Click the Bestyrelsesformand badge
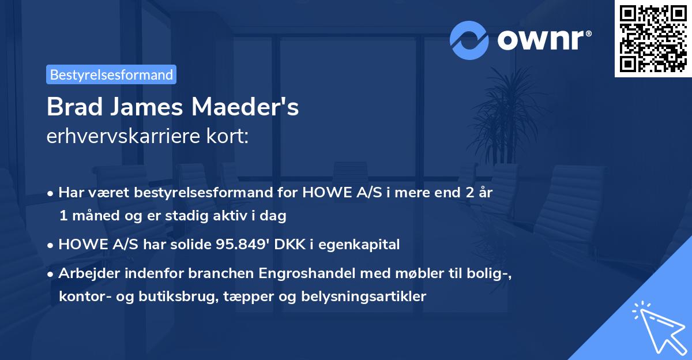point(111,74)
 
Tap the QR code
point(652,39)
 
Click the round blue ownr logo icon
point(469,40)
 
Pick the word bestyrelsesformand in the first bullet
point(190,193)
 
